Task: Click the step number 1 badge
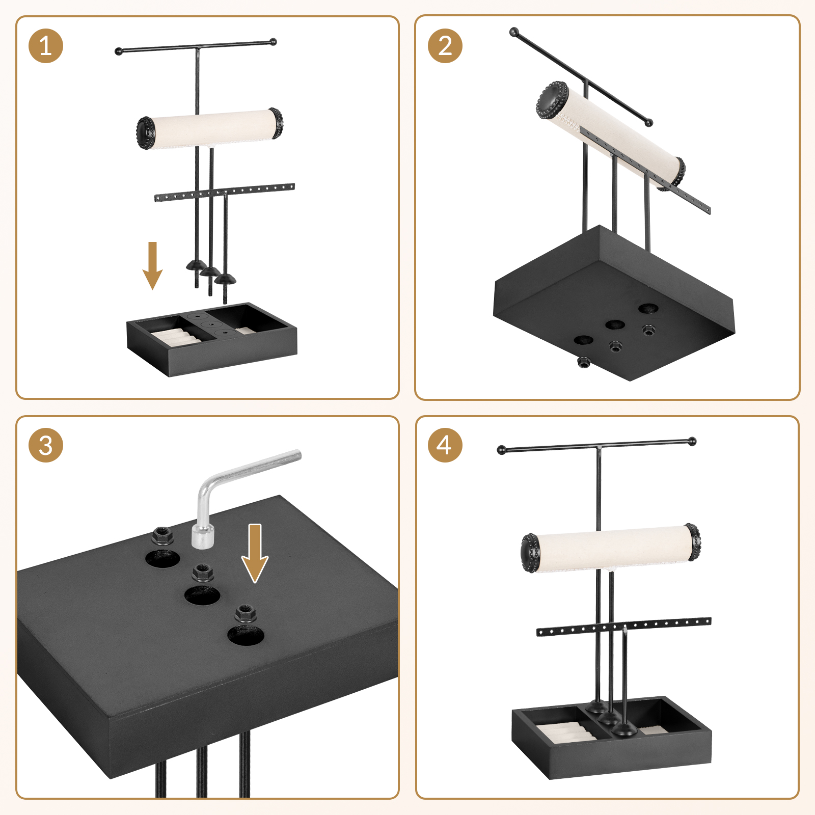46,46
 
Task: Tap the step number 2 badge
445,46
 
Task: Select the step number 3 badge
46,445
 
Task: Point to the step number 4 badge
445,445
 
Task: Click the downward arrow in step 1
152,265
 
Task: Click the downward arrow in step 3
255,553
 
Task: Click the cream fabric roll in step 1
210,128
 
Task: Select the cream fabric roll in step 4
610,548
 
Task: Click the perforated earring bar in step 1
225,192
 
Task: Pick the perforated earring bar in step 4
624,627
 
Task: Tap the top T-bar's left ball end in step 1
119,51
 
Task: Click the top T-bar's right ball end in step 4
691,441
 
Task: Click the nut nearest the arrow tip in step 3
246,613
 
